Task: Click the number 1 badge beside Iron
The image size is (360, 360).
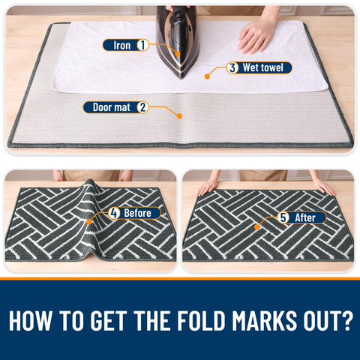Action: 142,45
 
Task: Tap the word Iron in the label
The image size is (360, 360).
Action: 122,46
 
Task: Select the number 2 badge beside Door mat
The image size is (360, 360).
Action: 142,107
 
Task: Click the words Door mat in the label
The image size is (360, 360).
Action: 112,107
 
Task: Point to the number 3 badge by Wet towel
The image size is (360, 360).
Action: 232,67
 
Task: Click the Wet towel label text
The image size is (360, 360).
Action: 263,67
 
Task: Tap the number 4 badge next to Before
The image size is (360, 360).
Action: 114,213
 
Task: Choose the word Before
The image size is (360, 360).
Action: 137,213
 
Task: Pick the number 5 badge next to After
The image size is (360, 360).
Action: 283,217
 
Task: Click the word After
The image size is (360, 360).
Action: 305,217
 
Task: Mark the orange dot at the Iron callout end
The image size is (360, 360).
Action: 178,53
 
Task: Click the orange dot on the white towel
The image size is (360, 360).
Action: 207,76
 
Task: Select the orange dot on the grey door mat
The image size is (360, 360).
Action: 179,115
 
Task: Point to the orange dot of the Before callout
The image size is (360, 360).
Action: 89,222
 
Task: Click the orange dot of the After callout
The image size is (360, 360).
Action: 256,227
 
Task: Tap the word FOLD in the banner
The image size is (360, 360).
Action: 202,320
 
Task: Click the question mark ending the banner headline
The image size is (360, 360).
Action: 346,320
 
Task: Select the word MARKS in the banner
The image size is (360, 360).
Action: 265,320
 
